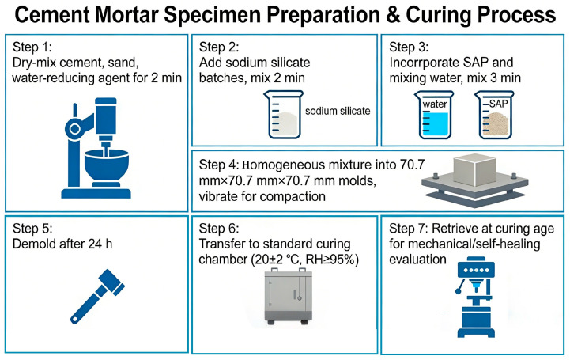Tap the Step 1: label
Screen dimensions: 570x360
32,47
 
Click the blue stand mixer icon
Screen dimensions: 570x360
96,148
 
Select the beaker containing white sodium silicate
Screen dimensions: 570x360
284,115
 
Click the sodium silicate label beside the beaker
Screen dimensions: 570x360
338,111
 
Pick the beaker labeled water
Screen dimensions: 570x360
434,115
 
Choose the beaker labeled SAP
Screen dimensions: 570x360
495,115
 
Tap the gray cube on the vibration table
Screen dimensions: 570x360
475,170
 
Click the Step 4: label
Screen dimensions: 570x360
219,165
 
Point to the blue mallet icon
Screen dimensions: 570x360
97,296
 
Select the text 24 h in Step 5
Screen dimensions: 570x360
100,244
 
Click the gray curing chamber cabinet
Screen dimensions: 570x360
289,296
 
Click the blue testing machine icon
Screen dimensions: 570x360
476,297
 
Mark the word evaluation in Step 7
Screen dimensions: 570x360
417,260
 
